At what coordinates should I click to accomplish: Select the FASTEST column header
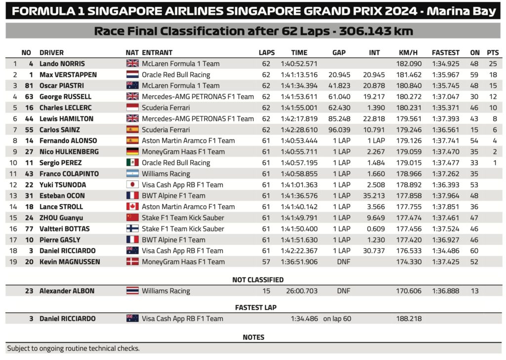tap(445, 52)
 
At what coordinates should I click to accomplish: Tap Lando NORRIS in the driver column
tap(62, 64)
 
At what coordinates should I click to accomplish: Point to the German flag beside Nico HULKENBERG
tap(132, 152)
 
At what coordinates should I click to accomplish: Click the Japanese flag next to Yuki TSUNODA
tap(132, 185)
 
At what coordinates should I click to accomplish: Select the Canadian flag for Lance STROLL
tap(132, 207)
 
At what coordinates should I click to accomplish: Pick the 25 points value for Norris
tap(492, 64)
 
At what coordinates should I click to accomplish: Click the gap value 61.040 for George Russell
tap(339, 97)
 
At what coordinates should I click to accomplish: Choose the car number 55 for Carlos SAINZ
tap(29, 130)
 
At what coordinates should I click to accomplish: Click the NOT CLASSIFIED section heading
tap(258, 280)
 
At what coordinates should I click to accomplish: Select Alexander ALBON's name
tap(67, 291)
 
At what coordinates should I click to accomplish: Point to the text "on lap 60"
tap(337, 318)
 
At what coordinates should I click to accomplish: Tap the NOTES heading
tap(253, 337)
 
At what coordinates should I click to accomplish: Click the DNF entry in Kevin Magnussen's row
tap(341, 262)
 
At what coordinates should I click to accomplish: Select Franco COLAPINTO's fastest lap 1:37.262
tap(445, 174)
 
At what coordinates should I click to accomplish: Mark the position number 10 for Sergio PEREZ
tap(14, 163)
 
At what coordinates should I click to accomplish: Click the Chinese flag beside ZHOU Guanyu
tap(132, 218)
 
